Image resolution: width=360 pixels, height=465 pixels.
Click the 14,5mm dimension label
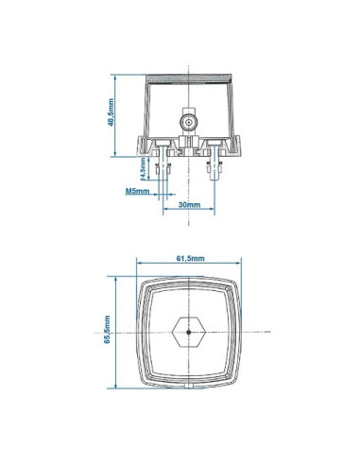pos(143,170)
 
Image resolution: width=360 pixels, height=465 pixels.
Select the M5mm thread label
pos(136,191)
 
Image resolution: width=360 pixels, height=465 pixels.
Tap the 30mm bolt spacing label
pos(187,204)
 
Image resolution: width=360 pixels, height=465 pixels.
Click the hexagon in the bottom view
pos(190,332)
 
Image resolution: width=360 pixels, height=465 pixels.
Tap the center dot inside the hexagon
pos(190,332)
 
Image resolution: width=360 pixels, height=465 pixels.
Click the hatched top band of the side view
pos(190,77)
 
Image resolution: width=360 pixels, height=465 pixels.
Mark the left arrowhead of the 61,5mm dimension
pos(139,266)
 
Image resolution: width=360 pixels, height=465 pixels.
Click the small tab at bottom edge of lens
pos(190,385)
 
